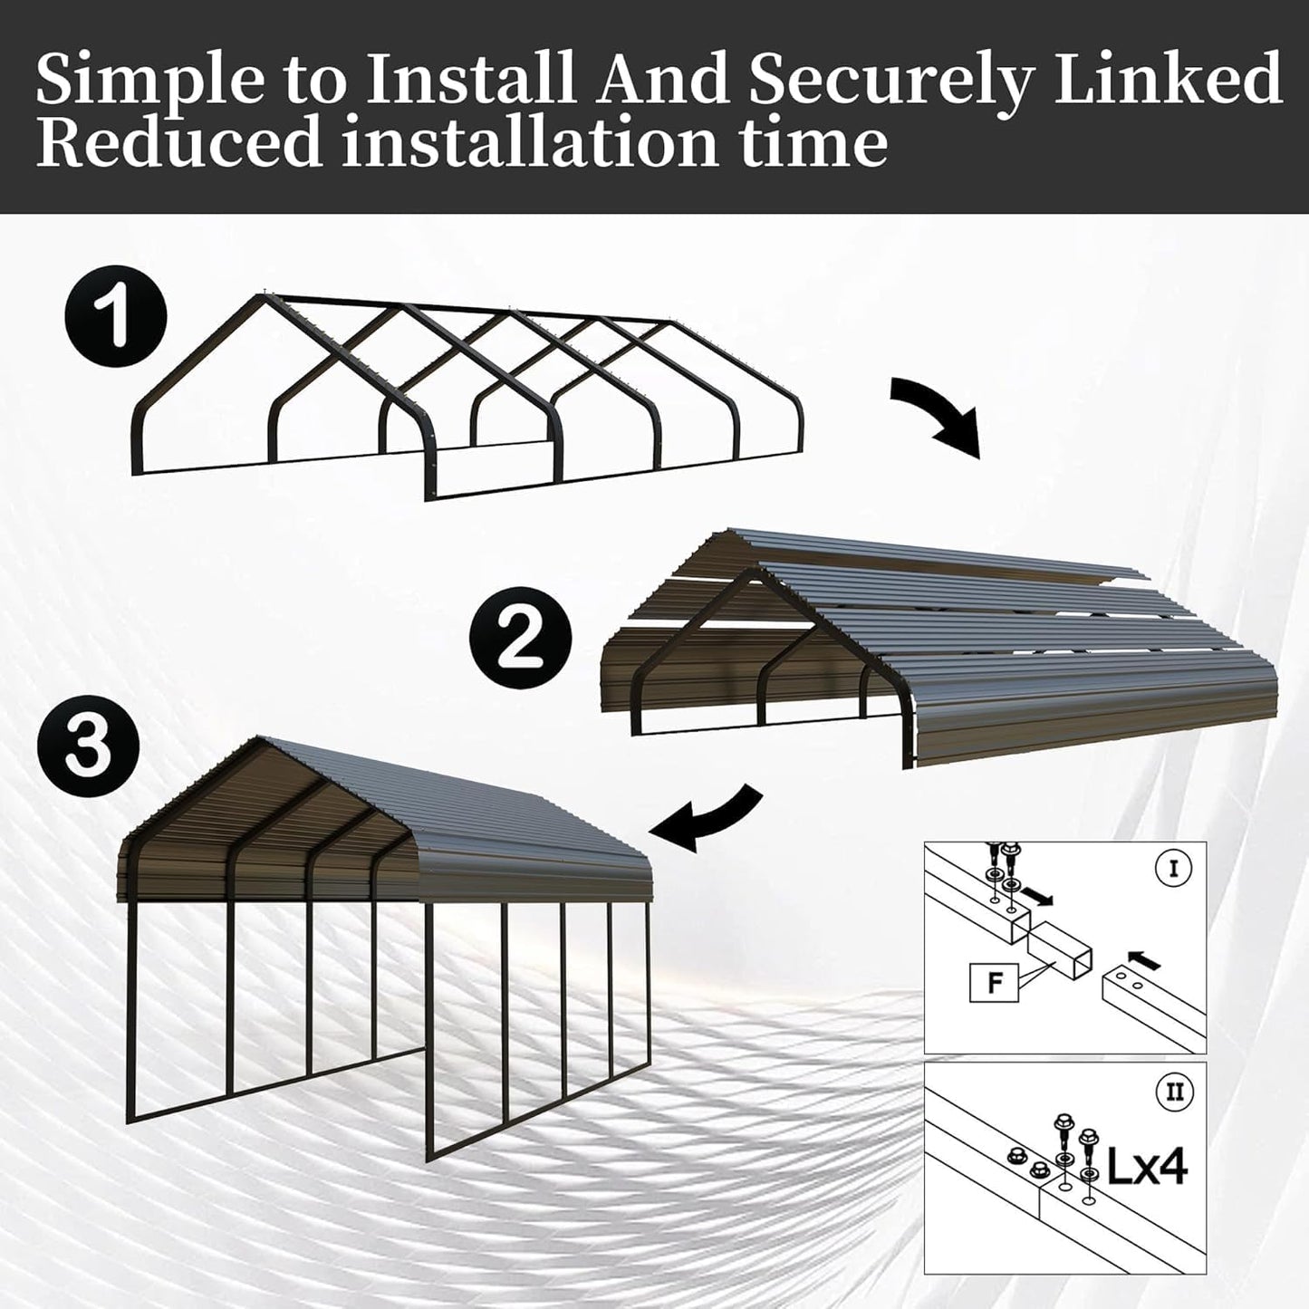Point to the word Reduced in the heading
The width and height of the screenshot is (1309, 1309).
pos(179,142)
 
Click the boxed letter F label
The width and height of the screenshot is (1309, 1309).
pos(994,983)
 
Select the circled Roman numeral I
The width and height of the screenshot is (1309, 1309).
pos(1174,869)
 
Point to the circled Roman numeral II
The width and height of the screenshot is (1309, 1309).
pos(1174,1092)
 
